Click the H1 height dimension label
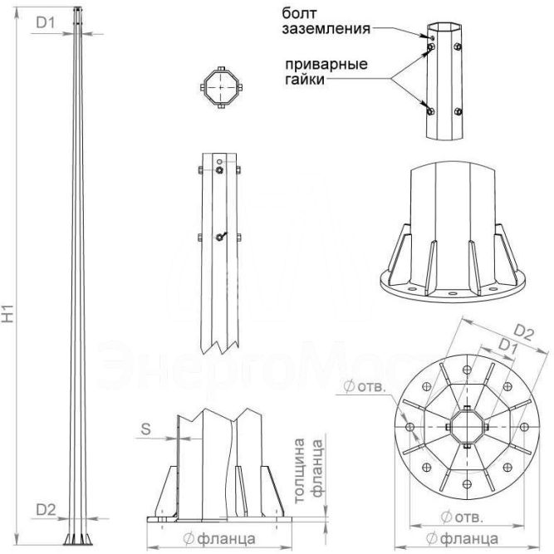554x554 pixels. [x=8, y=313]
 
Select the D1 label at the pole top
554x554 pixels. [x=46, y=22]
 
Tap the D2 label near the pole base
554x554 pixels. [x=46, y=510]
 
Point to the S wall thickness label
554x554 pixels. [x=145, y=429]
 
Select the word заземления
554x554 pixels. [x=326, y=29]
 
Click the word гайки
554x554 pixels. [x=305, y=79]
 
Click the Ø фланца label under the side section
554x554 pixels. [x=219, y=539]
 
